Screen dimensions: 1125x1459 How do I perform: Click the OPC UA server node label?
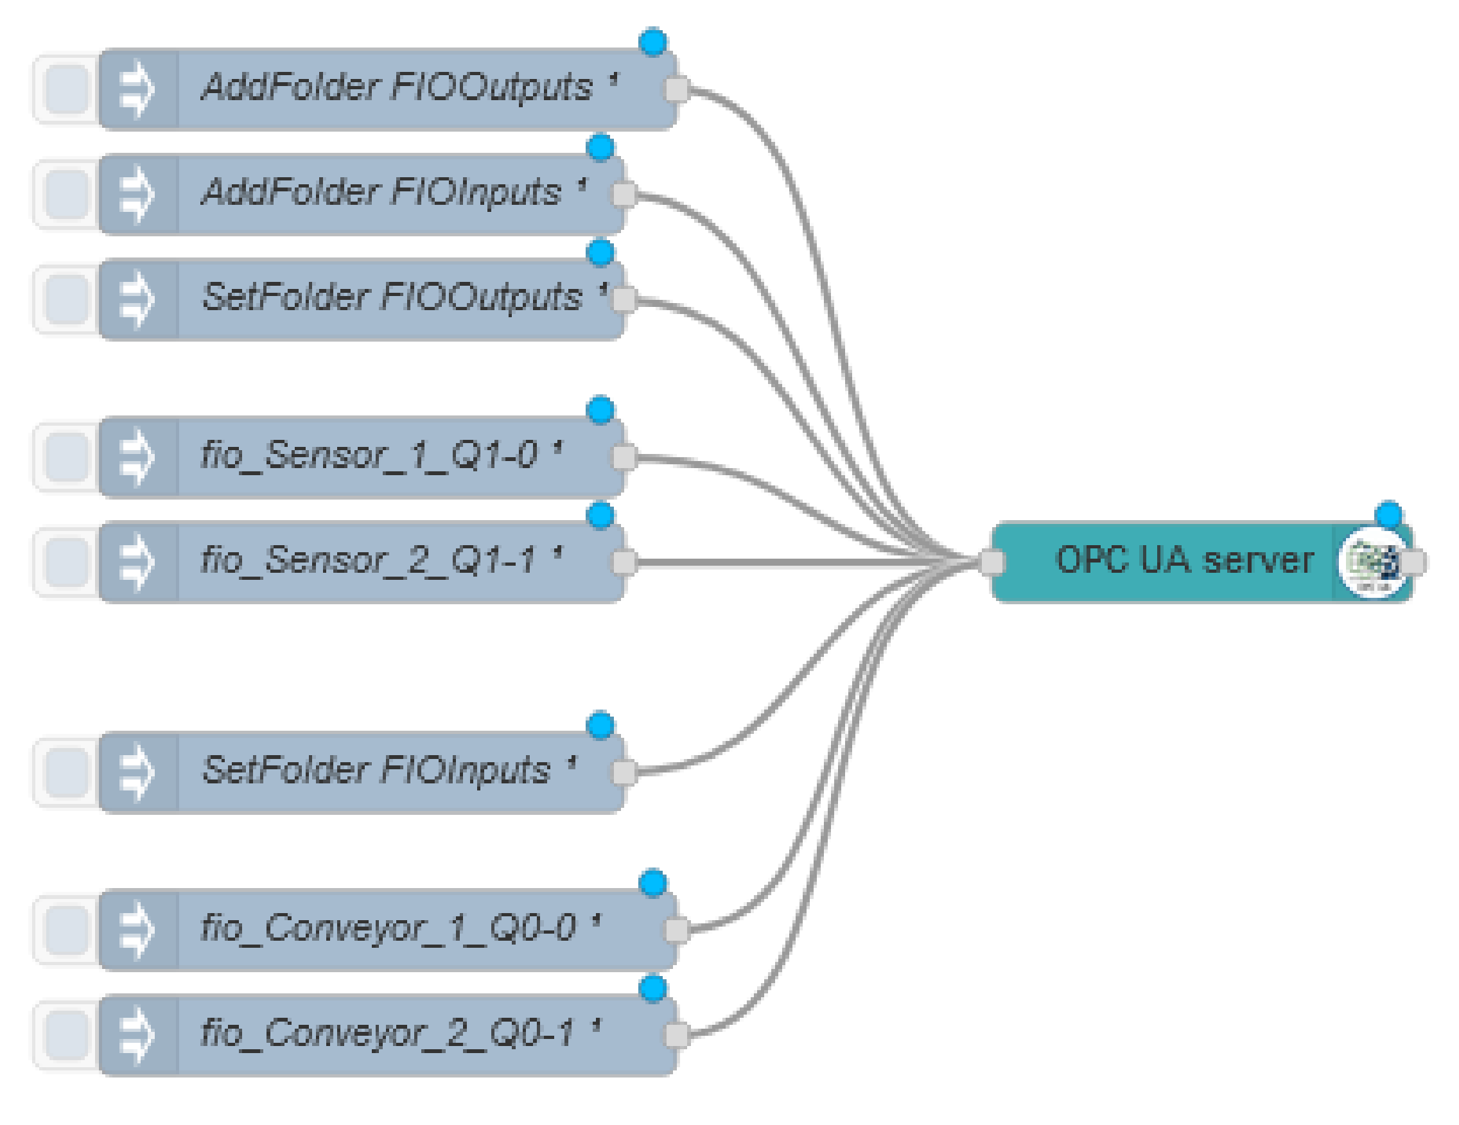pyautogui.click(x=1183, y=560)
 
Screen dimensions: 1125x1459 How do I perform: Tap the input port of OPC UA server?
pyautogui.click(x=992, y=562)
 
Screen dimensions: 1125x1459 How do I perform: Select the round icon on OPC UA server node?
pyautogui.click(x=1370, y=562)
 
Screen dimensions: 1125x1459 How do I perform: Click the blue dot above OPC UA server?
pyautogui.click(x=1388, y=514)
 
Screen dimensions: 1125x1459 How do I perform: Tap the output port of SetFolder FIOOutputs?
pyautogui.click(x=624, y=299)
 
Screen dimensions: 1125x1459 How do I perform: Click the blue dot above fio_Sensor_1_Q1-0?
pyautogui.click(x=600, y=409)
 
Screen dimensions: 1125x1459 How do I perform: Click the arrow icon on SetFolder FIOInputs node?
pyautogui.click(x=137, y=772)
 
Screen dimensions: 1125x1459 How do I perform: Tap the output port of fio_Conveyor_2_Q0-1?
pyautogui.click(x=676, y=1034)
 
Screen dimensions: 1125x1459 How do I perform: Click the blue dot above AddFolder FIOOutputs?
pyautogui.click(x=652, y=42)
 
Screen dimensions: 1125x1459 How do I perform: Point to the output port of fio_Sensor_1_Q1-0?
pyautogui.click(x=624, y=457)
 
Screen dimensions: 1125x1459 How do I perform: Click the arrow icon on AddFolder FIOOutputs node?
pyautogui.click(x=137, y=89)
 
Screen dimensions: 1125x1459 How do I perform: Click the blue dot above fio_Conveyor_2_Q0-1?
pyautogui.click(x=652, y=988)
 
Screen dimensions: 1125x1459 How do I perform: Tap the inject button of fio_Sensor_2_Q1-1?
pyautogui.click(x=66, y=562)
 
